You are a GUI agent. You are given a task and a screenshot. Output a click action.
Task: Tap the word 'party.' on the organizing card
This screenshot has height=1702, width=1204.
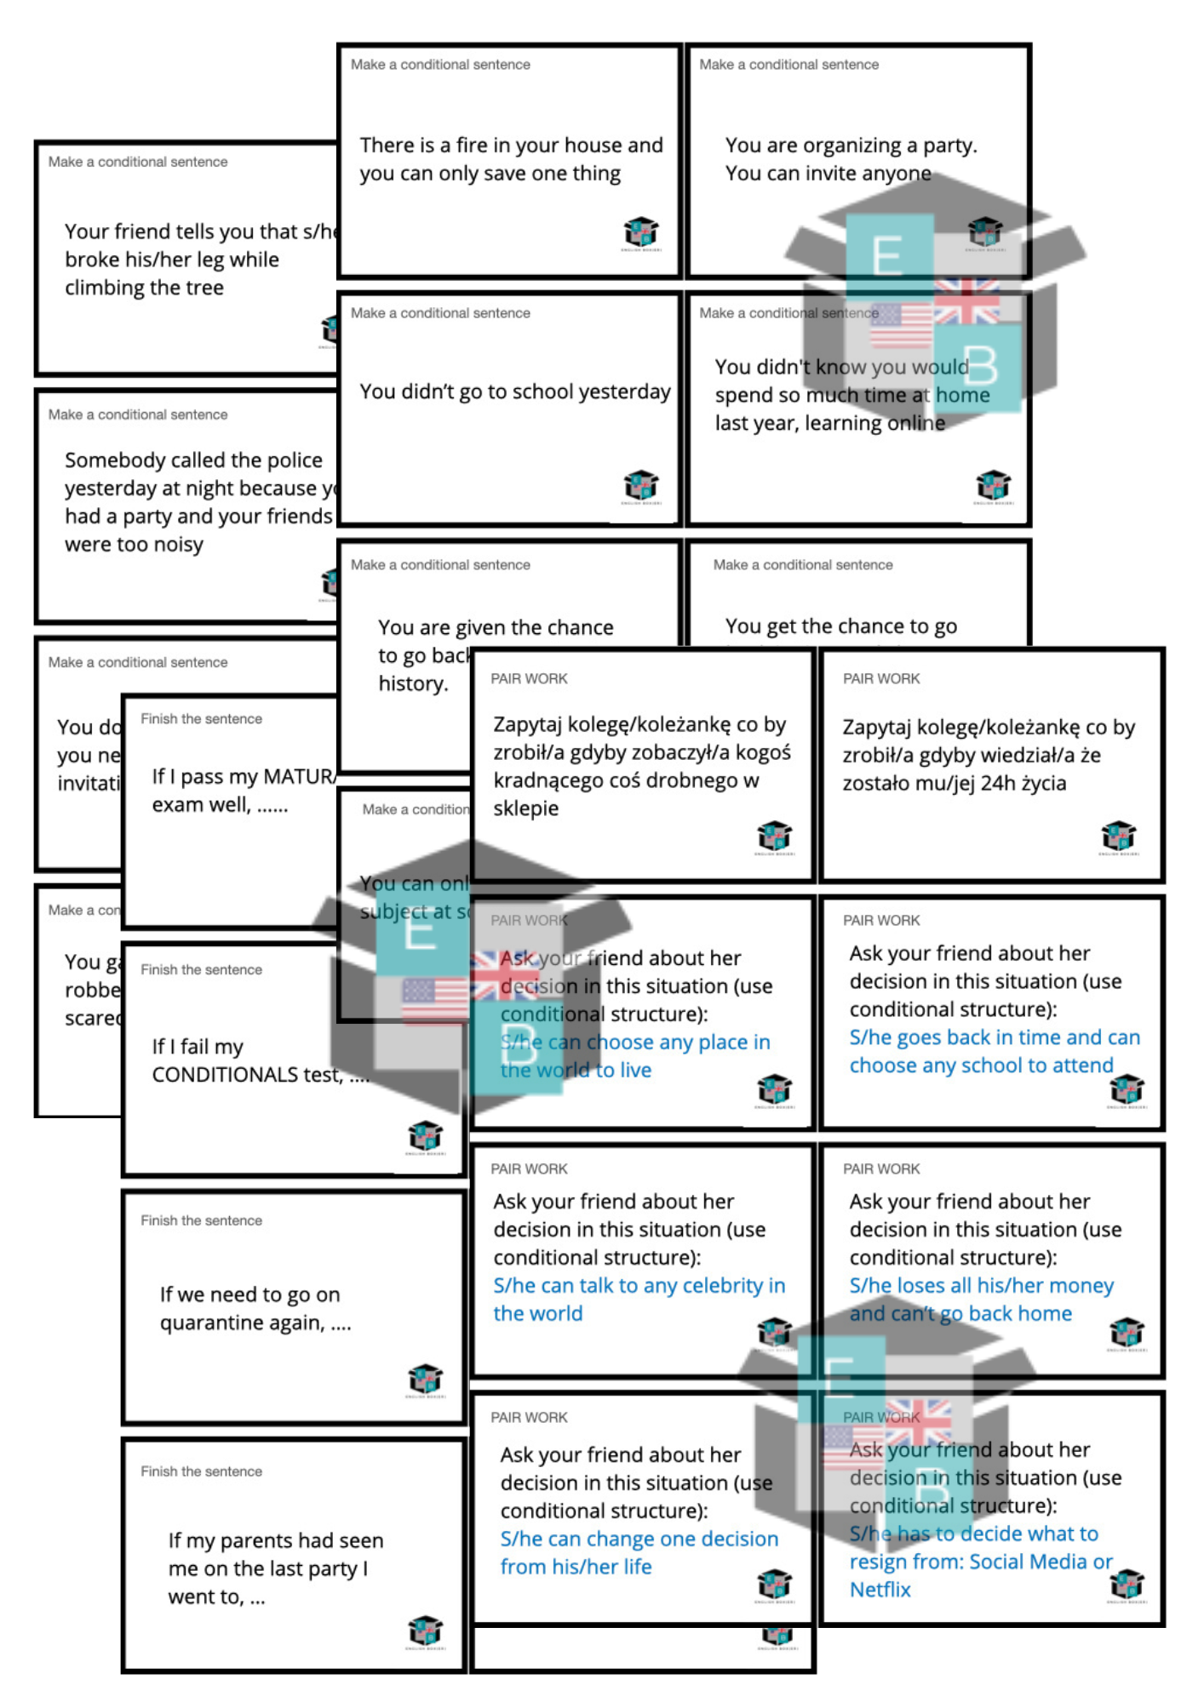(x=949, y=146)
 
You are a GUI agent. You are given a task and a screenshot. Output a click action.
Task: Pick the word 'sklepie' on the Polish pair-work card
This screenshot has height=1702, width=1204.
(x=525, y=808)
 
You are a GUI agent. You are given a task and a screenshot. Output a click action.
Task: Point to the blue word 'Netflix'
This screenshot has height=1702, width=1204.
(x=880, y=1590)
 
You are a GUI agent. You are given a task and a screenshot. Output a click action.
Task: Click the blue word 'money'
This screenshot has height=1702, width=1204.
(x=1081, y=1286)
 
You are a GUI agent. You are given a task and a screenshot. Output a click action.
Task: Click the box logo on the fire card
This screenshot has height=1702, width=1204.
(x=640, y=231)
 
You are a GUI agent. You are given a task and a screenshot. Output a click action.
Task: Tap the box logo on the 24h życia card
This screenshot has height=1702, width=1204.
(x=1118, y=835)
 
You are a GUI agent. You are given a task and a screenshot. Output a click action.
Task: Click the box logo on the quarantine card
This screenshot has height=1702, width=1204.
(x=425, y=1377)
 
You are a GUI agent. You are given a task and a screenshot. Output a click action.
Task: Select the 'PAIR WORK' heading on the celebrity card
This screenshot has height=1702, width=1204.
(x=529, y=1169)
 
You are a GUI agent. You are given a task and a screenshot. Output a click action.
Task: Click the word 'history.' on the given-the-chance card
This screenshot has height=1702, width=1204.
(x=413, y=683)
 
